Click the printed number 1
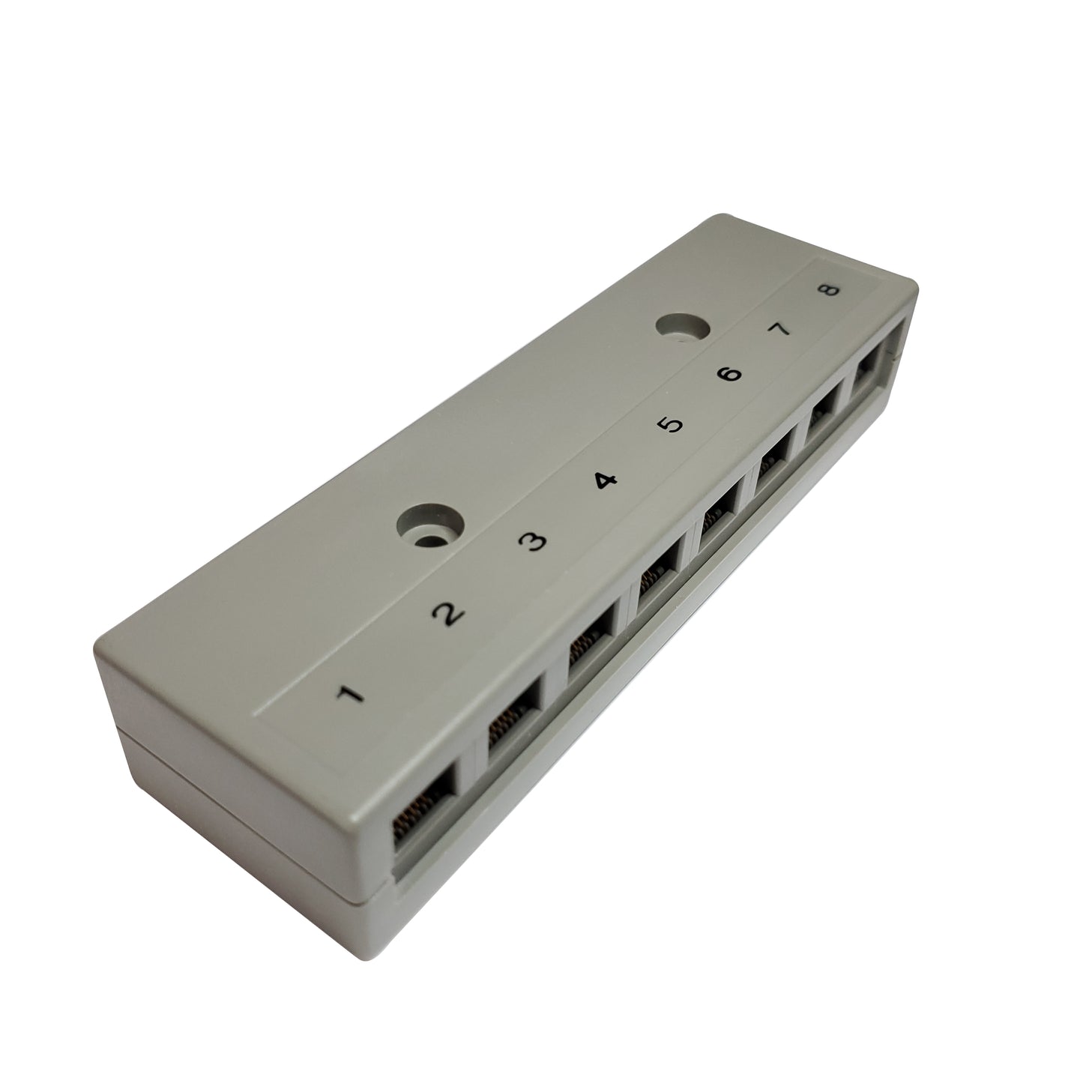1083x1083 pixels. pos(350,696)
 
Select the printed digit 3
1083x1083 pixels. pos(531,543)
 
